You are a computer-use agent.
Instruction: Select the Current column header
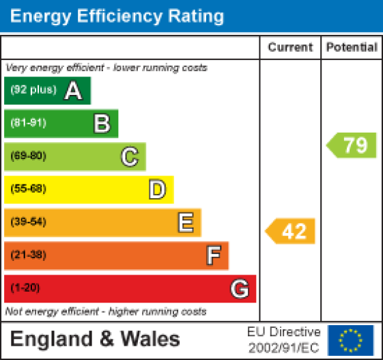pos(290,48)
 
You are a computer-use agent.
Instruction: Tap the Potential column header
pos(352,48)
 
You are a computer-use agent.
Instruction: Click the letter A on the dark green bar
pos(73,91)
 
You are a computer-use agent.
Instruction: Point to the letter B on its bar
pos(102,124)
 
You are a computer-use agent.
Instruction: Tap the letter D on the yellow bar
pos(158,189)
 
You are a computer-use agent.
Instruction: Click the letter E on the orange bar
pos(185,222)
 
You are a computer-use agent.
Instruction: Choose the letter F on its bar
pos(214,255)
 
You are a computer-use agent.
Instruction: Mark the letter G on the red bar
pos(240,289)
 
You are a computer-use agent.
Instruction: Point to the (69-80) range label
pos(28,156)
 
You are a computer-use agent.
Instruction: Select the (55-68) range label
pos(28,189)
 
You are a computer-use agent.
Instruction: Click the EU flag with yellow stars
pos(350,340)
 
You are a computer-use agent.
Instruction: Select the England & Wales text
pos(95,339)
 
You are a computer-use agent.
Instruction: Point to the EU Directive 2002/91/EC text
pos(283,339)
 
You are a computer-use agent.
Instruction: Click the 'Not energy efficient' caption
pos(106,311)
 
